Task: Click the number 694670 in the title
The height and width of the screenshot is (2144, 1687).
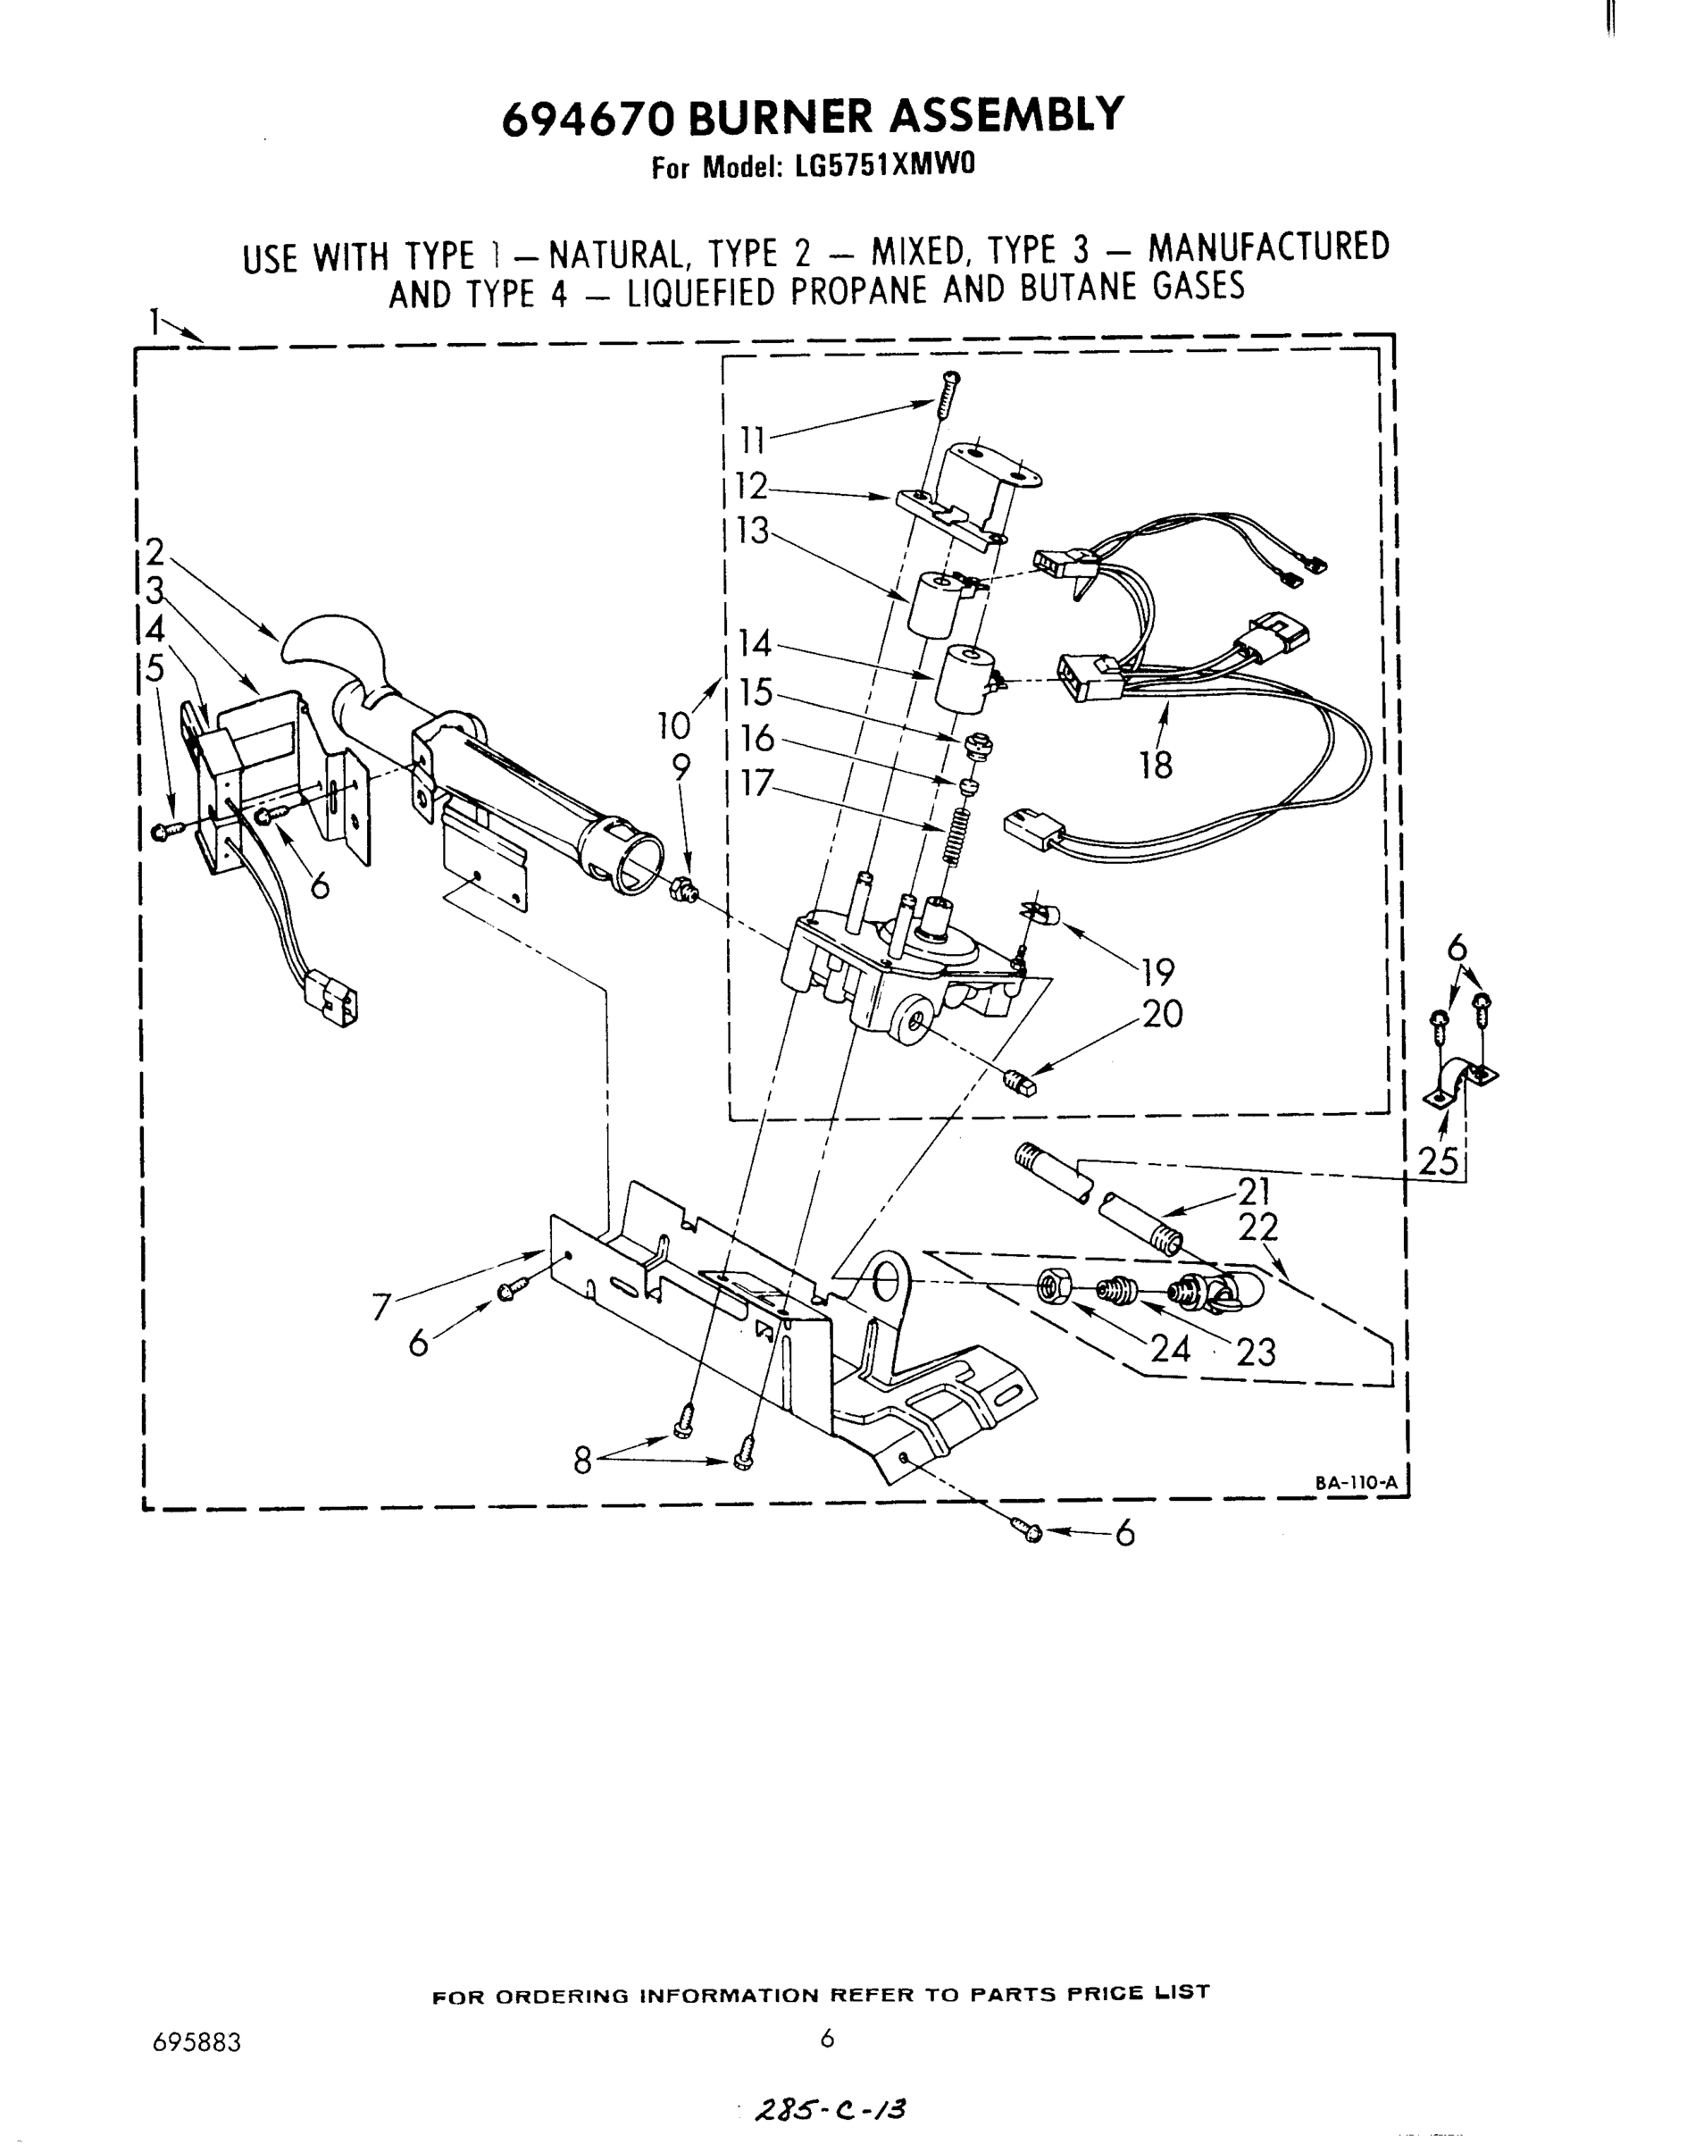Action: pyautogui.click(x=589, y=119)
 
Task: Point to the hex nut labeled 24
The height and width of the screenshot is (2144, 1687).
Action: pyautogui.click(x=1051, y=1286)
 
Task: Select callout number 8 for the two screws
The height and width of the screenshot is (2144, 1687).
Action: pyautogui.click(x=583, y=1461)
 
